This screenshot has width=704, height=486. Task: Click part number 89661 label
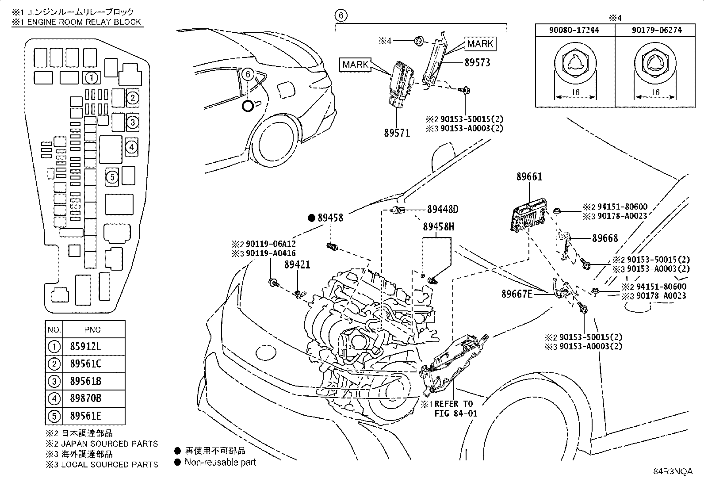[529, 177]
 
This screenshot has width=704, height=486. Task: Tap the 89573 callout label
[477, 63]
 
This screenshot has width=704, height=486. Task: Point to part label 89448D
[443, 209]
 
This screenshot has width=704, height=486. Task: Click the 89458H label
[438, 227]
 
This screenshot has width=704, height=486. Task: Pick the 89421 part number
[297, 265]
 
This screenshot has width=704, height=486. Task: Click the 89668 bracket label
[605, 238]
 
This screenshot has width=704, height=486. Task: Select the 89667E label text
[517, 294]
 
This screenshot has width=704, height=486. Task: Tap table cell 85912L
[85, 347]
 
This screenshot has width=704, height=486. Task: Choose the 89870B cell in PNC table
[85, 398]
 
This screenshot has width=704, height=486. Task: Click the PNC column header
[92, 329]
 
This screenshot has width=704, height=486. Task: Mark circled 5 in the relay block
[112, 177]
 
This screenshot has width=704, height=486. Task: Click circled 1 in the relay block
[92, 78]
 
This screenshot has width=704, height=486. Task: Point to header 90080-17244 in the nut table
[574, 30]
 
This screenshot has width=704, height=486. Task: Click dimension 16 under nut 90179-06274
[655, 92]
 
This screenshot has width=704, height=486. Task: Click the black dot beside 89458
[312, 218]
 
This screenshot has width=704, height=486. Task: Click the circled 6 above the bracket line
[341, 15]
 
